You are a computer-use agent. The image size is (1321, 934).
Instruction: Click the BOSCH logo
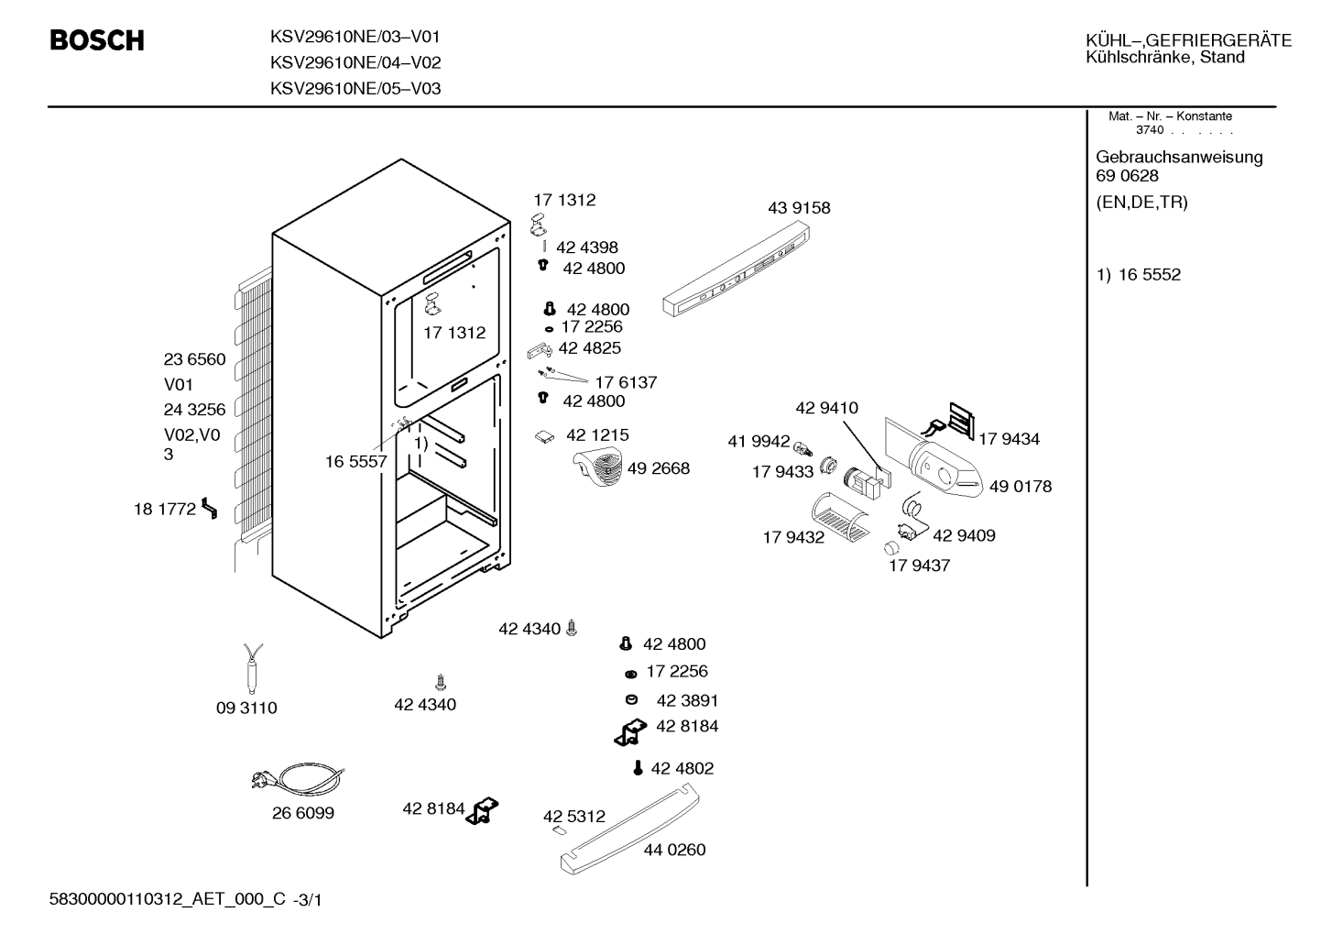click(97, 40)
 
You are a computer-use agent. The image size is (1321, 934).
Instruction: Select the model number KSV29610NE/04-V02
click(355, 62)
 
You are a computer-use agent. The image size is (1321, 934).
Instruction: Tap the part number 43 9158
click(799, 208)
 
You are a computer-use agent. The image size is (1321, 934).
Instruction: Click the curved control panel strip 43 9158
click(736, 269)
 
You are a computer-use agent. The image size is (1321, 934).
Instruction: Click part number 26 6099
click(302, 813)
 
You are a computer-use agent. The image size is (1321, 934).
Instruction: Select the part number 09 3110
click(246, 708)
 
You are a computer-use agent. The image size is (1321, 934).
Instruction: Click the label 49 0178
click(1021, 487)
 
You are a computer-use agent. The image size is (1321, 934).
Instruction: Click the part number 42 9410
click(827, 408)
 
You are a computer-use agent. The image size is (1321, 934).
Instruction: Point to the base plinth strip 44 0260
click(630, 829)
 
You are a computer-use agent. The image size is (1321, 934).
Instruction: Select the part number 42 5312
click(573, 817)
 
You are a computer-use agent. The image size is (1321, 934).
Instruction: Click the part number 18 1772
click(165, 509)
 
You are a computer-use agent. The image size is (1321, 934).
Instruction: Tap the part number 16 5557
click(356, 461)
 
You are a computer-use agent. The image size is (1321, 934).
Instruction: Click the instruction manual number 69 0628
click(1127, 176)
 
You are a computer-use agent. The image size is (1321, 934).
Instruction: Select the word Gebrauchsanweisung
click(1179, 158)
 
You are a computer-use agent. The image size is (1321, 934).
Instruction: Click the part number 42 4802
click(682, 768)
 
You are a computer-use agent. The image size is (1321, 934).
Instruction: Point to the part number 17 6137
click(626, 382)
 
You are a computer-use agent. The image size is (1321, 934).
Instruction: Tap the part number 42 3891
click(687, 701)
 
